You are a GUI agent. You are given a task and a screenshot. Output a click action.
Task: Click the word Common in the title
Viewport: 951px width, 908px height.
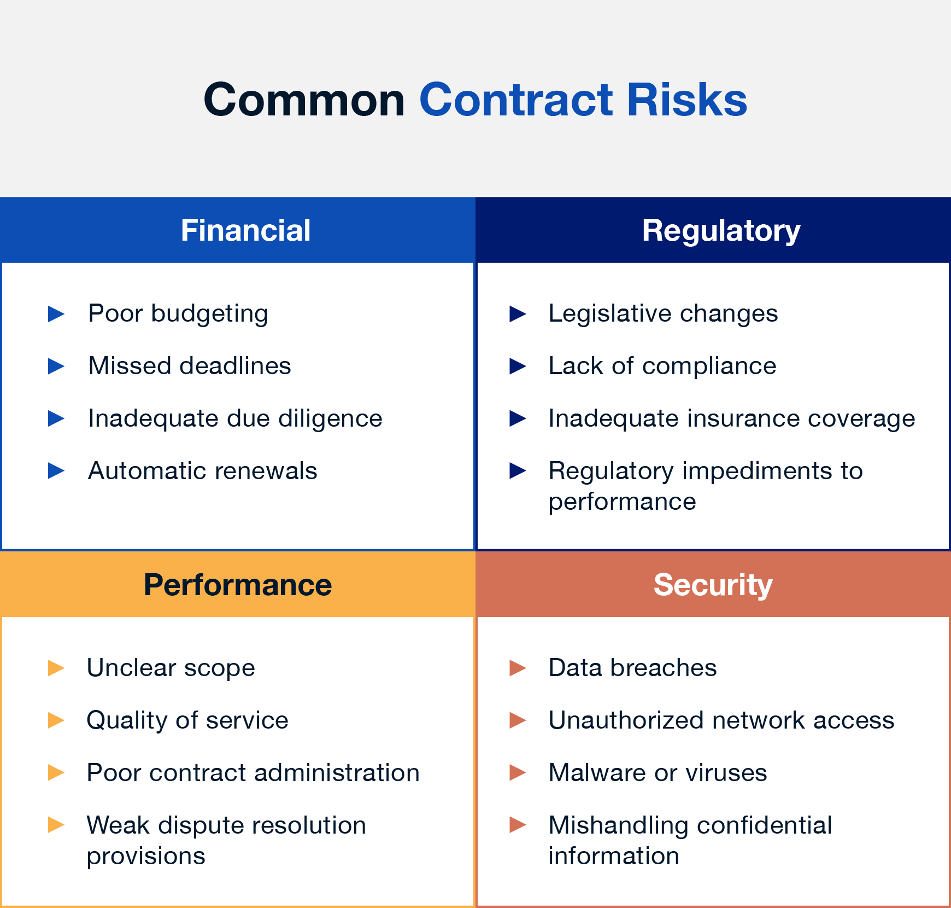[x=304, y=100]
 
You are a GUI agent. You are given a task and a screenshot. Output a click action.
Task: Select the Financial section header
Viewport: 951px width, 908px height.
[x=245, y=230]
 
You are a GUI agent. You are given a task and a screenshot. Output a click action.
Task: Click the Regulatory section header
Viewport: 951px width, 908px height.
[x=721, y=230]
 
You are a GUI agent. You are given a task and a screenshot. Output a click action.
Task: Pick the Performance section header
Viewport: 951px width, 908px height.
[x=237, y=585]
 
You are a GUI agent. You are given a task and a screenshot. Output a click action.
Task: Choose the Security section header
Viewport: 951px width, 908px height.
[x=713, y=585]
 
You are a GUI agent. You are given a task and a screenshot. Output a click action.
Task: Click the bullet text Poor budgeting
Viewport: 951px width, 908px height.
[x=178, y=314]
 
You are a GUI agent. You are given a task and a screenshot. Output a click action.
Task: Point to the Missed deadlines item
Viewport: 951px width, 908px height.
[x=190, y=366]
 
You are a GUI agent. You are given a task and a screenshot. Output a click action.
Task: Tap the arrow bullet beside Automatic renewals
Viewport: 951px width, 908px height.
[x=56, y=470]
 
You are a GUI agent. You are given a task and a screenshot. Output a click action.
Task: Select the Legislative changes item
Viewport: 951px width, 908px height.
[x=663, y=314]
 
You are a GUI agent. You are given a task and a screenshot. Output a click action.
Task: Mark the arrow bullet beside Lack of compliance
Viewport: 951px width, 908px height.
[x=518, y=366]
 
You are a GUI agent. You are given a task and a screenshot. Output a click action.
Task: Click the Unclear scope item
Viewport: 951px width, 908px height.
[x=171, y=668]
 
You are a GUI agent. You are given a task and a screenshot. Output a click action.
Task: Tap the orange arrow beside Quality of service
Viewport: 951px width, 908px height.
[x=56, y=720]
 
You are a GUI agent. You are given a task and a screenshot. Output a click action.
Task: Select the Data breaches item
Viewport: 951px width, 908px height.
[x=632, y=668]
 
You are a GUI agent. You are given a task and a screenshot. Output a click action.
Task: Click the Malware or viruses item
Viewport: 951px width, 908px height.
[x=658, y=773]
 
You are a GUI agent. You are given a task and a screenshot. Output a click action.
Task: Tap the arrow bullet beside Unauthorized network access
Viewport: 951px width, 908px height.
[x=518, y=720]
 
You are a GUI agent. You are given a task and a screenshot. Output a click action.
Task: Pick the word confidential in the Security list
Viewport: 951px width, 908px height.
[x=761, y=825]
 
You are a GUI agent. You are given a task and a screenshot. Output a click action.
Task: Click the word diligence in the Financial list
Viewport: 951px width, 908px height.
[x=330, y=418]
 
